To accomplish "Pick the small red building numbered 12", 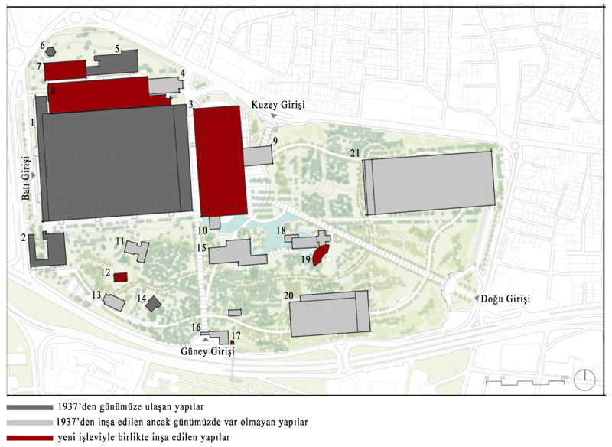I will tap(119, 276).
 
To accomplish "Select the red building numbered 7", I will tap(65, 70).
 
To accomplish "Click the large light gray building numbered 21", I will tap(429, 181).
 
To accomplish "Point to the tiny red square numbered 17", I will tap(232, 342).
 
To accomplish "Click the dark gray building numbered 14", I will tap(153, 304).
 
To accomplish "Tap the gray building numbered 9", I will tap(259, 155).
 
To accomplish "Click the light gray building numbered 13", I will tap(114, 302).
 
